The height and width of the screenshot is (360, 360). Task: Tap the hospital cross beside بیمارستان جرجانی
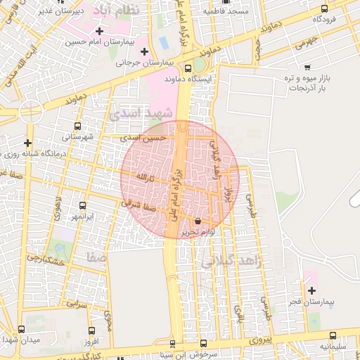[x=145, y=51]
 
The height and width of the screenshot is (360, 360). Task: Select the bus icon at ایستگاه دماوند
[x=187, y=69]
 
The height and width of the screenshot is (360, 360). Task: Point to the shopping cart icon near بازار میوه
[x=307, y=67]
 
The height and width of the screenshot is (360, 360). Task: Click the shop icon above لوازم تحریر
[x=196, y=221]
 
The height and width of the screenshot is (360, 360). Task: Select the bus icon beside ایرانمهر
[x=83, y=206]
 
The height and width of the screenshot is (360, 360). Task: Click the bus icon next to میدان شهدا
[x=21, y=329]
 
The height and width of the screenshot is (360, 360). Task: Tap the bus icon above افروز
[x=91, y=330]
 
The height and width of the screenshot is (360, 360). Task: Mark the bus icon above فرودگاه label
[x=324, y=9]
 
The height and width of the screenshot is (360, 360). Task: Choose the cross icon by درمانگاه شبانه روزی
[x=28, y=143]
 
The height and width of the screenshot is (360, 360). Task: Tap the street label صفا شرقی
[x=138, y=206]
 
